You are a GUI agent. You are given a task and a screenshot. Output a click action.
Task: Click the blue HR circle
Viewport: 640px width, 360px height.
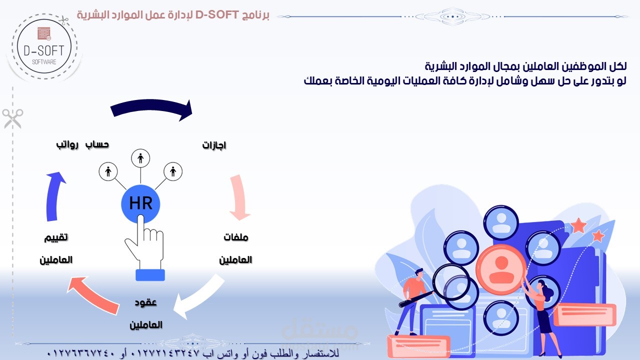(140, 203)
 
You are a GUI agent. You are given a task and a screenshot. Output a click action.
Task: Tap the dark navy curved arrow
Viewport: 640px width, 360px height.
(151, 107)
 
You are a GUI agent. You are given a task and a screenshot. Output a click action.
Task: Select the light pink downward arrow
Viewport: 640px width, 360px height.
(240, 197)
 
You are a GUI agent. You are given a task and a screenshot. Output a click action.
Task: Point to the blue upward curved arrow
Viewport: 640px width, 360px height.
(54, 197)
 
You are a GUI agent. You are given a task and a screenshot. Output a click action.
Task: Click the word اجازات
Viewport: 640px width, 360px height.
(214, 145)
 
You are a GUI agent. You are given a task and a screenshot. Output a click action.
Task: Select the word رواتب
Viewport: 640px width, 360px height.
(67, 144)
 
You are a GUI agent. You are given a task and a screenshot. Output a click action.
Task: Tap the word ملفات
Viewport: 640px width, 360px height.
(236, 237)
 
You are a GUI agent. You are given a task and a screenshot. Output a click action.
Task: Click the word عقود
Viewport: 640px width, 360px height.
(145, 302)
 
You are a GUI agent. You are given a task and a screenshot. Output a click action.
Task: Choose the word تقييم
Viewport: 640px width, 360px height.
(56, 237)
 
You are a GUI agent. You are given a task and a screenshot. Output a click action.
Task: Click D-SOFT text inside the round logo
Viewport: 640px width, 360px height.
(44, 51)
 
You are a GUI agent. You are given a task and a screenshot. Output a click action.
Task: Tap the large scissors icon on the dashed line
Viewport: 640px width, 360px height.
(13, 118)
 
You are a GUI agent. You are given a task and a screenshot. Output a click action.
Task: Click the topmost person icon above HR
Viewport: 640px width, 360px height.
(140, 158)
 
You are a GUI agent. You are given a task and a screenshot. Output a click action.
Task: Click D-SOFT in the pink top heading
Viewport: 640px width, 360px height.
(217, 14)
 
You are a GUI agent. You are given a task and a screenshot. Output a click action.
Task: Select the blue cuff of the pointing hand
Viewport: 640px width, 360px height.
(150, 275)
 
